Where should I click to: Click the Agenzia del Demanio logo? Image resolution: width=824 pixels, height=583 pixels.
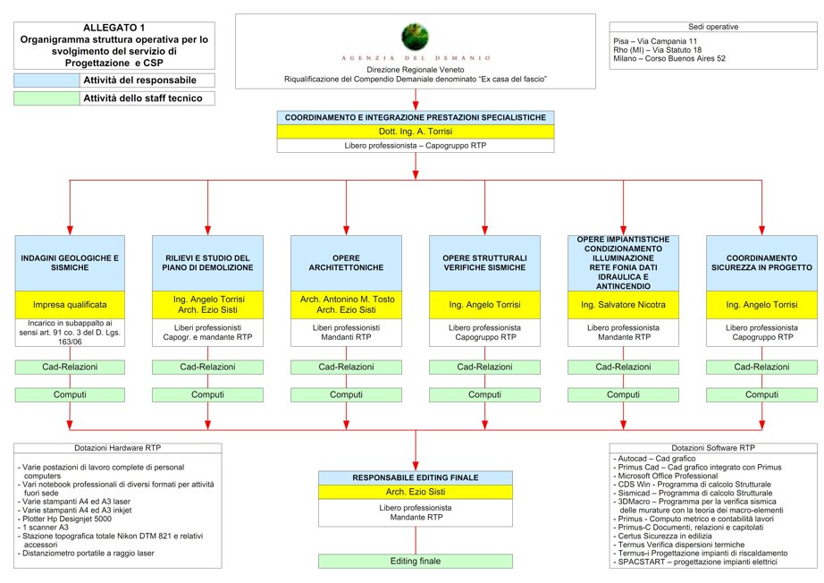[415, 37]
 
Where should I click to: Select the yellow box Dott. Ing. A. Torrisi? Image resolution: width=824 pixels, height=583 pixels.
[416, 131]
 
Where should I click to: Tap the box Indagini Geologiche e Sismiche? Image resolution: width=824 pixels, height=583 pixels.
[70, 263]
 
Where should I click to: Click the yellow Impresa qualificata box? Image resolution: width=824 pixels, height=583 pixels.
[70, 304]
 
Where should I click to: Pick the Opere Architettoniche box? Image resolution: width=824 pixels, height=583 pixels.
[346, 263]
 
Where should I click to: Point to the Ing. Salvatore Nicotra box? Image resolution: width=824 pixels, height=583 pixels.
[623, 304]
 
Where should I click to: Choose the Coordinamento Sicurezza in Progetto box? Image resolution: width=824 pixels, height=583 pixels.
[761, 263]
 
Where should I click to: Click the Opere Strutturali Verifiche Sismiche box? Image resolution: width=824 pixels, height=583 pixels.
[484, 263]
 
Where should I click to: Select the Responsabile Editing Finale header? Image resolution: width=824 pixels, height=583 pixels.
[416, 477]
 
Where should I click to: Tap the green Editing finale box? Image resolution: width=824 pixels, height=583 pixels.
[416, 562]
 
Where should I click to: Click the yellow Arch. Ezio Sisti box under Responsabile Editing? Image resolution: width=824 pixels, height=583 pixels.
[416, 492]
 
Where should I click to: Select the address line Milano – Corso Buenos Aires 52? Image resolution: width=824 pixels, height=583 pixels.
[669, 59]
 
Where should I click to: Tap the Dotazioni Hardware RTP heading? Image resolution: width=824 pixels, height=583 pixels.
[118, 448]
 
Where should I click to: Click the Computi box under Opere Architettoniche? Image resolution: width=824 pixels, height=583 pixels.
[346, 394]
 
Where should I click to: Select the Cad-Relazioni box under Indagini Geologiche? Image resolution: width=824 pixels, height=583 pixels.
[70, 368]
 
